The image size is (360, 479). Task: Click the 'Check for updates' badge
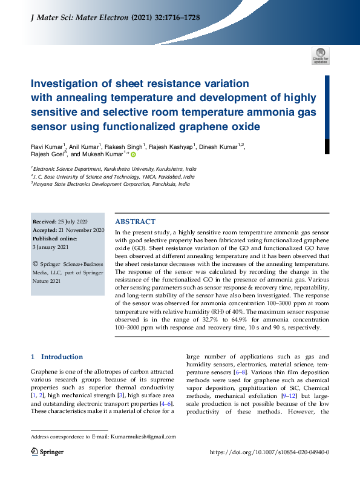pyautogui.click(x=320, y=56)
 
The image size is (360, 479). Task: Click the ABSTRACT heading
pyautogui.click(x=135, y=222)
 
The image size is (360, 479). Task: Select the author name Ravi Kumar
pyautogui.click(x=46, y=147)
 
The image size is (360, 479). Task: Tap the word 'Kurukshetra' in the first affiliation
pyautogui.click(x=125, y=170)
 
